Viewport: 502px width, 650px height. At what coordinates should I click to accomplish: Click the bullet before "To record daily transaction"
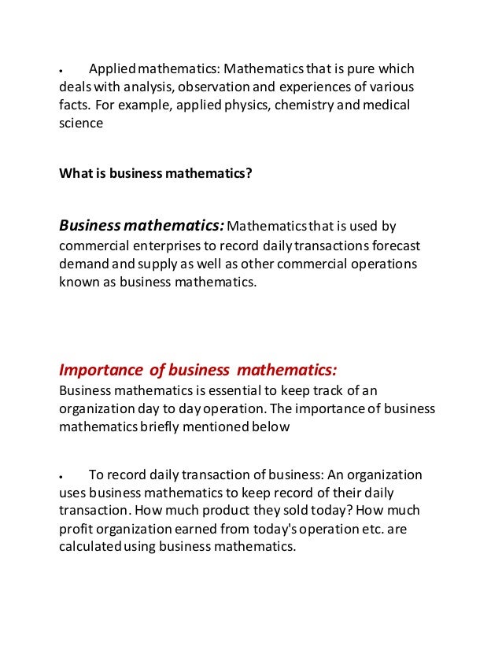click(61, 475)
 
